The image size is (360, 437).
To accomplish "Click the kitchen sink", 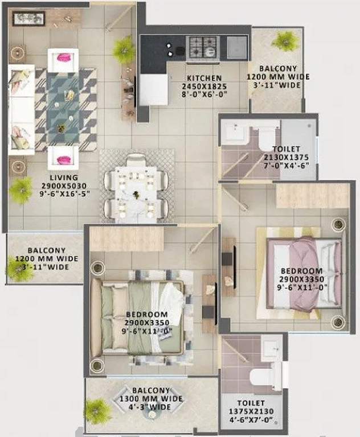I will coord(237,47).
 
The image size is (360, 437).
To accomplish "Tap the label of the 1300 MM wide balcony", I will coord(152,398).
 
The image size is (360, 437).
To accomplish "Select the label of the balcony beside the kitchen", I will coord(278,77).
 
